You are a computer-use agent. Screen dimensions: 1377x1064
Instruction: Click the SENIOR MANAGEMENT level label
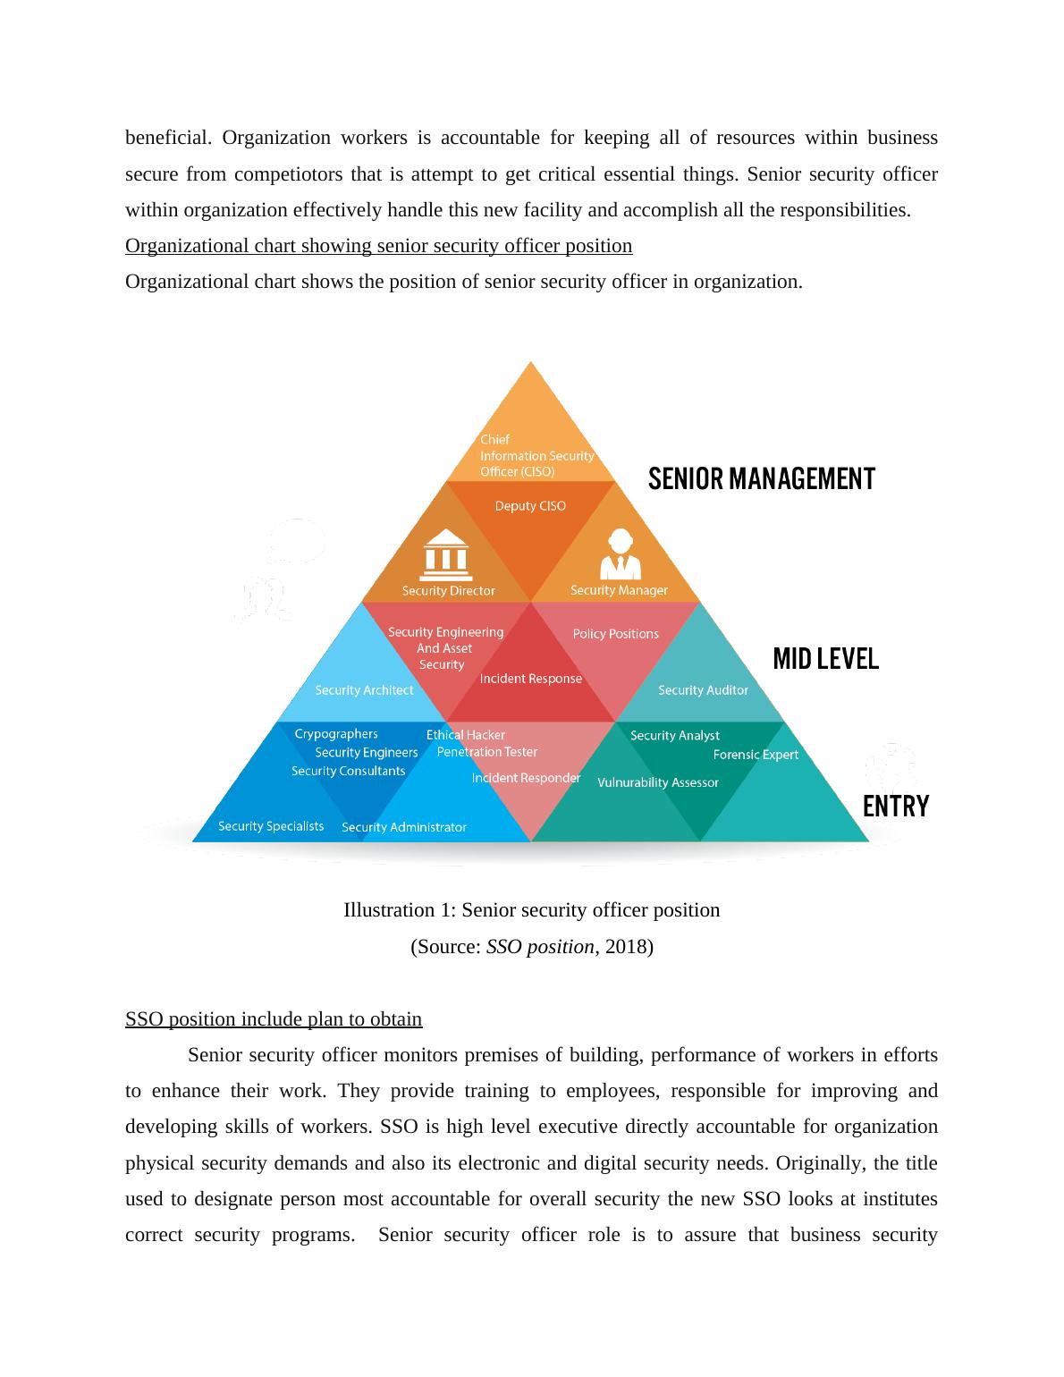tap(761, 479)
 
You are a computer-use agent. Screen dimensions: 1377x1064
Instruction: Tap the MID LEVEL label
tap(825, 660)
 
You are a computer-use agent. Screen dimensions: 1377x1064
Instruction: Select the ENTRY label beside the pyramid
tap(895, 807)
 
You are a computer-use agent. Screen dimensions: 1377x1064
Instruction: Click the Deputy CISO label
tap(530, 506)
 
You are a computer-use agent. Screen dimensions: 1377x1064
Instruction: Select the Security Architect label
tap(364, 690)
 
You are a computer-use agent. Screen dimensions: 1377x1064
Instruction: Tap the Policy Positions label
tap(615, 634)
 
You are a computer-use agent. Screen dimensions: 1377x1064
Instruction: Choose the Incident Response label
tap(530, 679)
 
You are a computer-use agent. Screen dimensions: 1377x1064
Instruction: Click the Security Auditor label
tap(703, 690)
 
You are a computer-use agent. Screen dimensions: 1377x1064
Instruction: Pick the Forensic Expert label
tap(756, 755)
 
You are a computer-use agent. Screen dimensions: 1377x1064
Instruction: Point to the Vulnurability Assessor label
tap(657, 782)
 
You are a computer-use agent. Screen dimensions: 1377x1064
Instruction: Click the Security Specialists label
tap(271, 826)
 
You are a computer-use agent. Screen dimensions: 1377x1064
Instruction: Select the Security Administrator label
tap(404, 827)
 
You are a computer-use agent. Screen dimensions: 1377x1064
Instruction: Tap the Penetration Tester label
tap(487, 752)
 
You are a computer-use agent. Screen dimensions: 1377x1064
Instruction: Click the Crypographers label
tap(335, 734)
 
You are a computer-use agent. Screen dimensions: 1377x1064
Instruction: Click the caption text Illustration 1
tap(531, 910)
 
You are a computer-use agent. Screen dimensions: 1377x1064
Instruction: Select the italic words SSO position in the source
tap(539, 946)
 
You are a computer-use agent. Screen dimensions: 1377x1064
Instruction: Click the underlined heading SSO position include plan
tap(274, 1019)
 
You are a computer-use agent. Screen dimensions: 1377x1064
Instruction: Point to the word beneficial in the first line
tap(168, 138)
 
